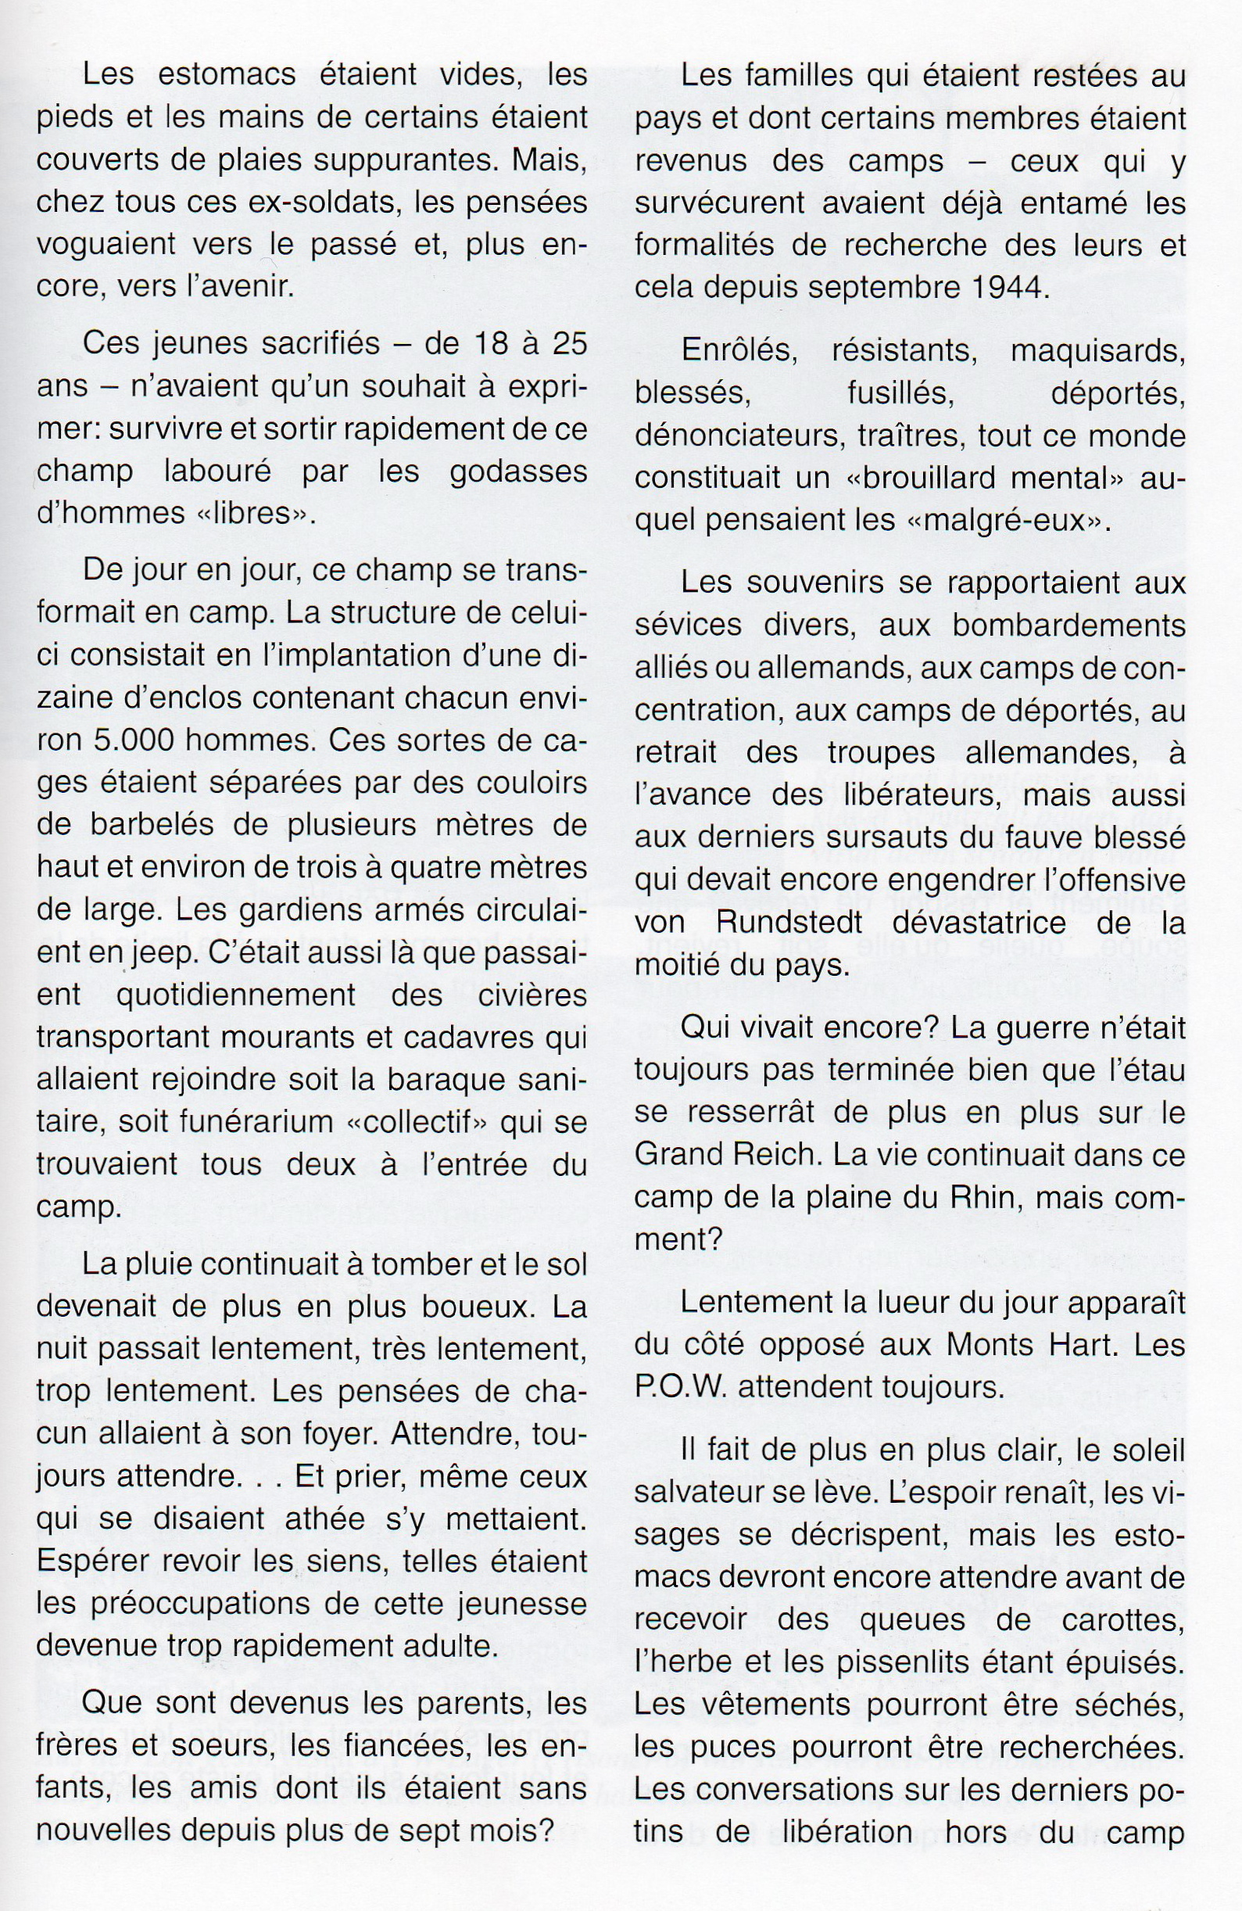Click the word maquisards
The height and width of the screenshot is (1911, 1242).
pos(1098,351)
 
